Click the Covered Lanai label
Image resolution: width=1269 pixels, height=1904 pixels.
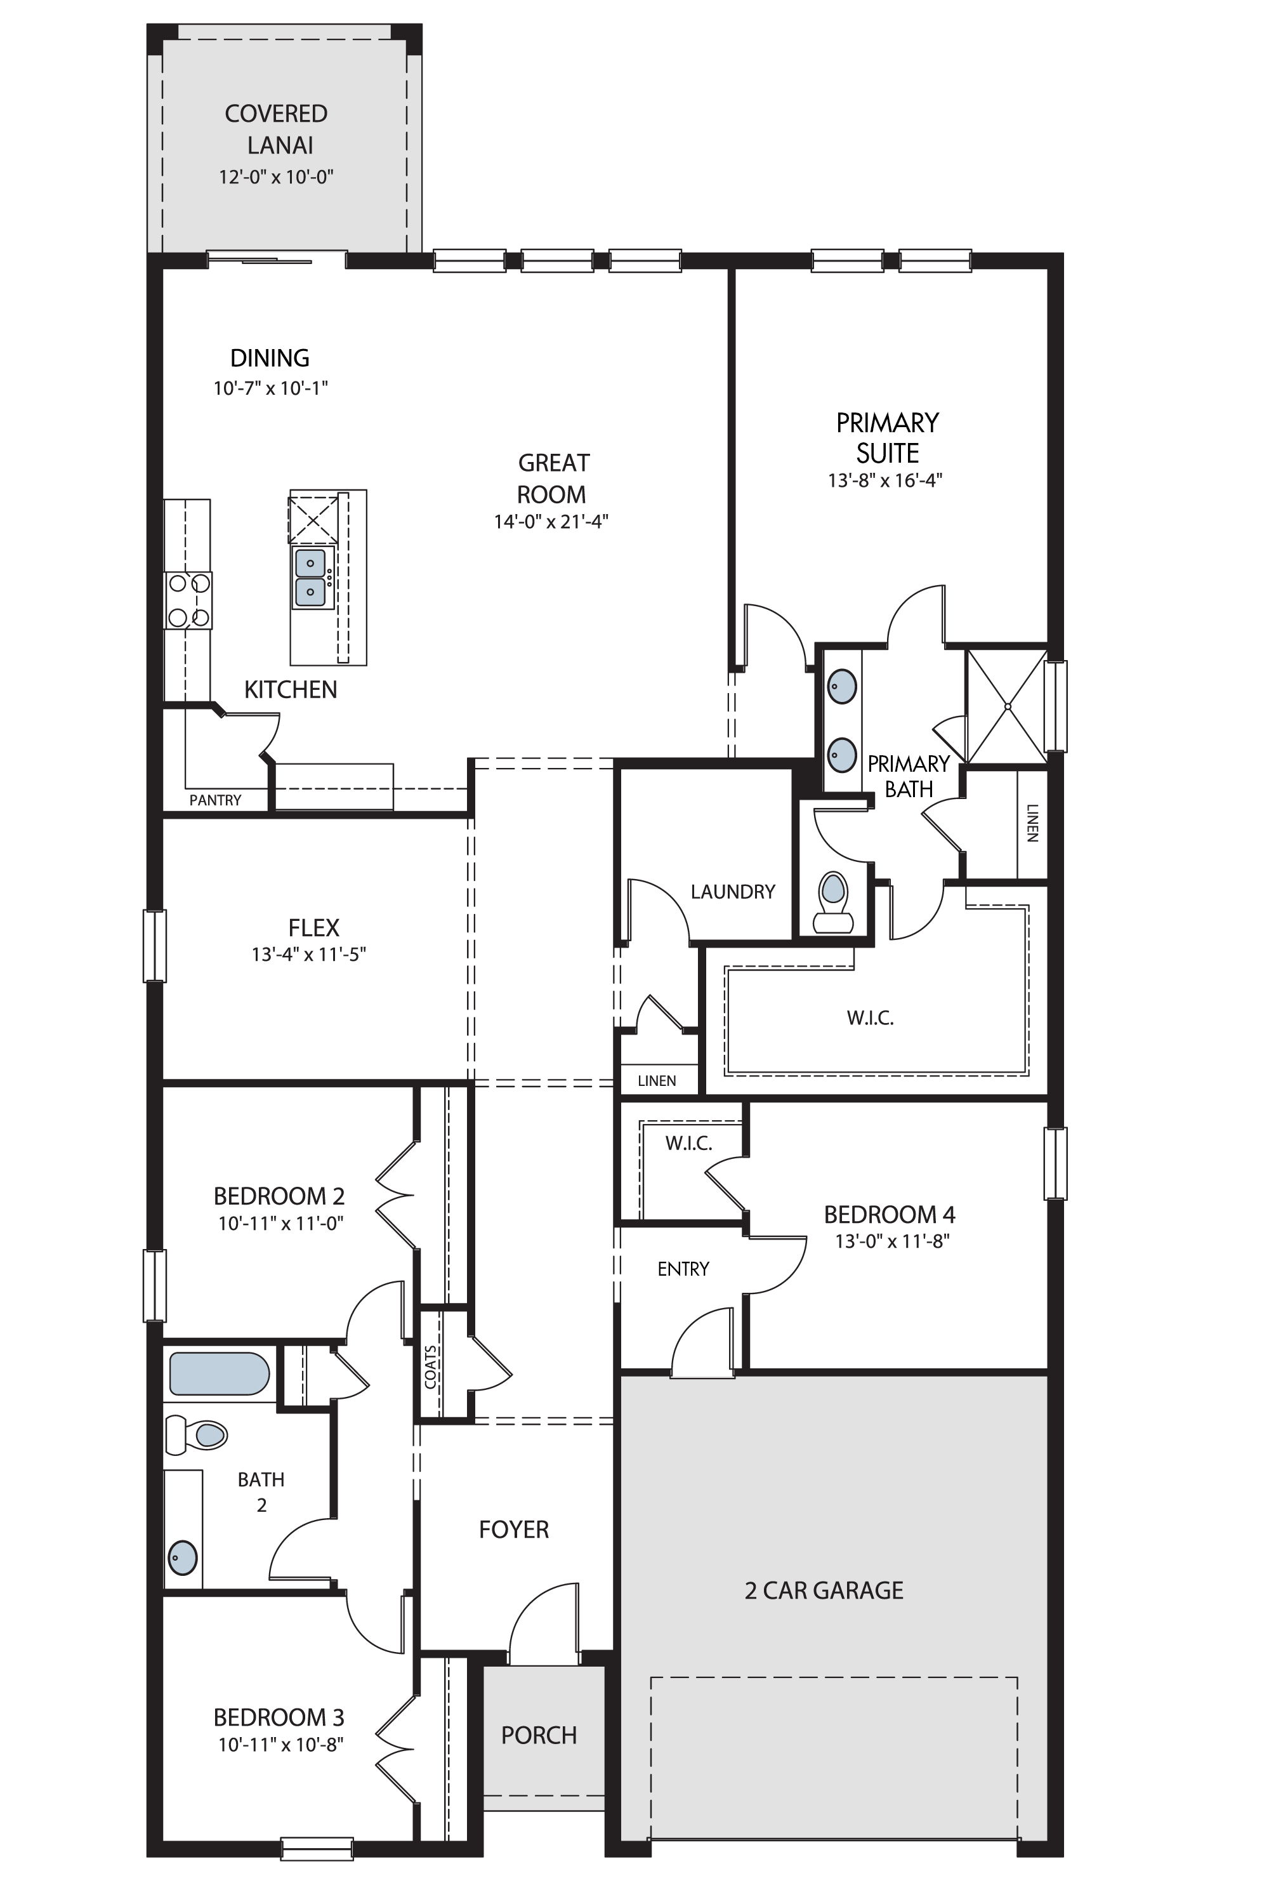tap(276, 129)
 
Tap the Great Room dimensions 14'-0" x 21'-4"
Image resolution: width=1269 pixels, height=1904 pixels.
tap(551, 521)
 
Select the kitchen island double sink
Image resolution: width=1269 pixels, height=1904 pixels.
tap(311, 578)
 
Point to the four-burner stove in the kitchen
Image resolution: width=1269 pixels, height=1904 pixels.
tap(188, 600)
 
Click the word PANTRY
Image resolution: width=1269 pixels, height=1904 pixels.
tap(215, 800)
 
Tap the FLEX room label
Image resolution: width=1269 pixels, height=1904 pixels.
tap(314, 928)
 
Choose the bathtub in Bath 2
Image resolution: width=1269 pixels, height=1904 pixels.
tap(220, 1374)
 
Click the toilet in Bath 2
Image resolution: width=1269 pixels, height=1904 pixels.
tap(196, 1434)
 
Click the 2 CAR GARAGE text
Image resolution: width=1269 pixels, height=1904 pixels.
tap(824, 1590)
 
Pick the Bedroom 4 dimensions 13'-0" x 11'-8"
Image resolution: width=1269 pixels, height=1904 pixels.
tap(892, 1241)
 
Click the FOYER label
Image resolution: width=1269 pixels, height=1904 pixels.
tap(514, 1529)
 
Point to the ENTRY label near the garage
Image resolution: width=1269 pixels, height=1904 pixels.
tap(683, 1269)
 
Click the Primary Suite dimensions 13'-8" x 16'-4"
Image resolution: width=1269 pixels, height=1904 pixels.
tap(885, 480)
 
